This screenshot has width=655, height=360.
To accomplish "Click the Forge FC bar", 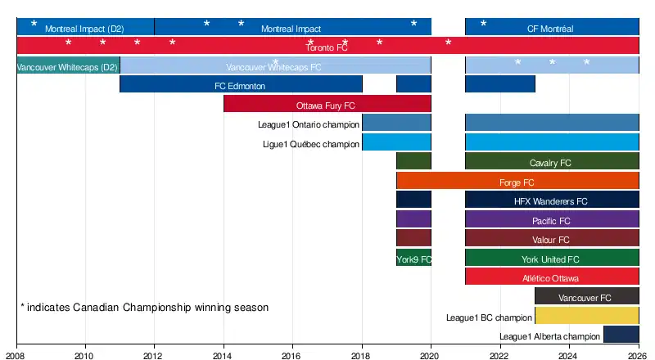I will point(517,181).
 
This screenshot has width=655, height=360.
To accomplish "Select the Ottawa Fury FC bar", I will point(327,105).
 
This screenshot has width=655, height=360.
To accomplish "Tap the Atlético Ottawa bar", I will point(552,277).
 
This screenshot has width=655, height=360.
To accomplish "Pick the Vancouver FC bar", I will point(586,297).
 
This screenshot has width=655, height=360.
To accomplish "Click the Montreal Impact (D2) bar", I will point(85,27).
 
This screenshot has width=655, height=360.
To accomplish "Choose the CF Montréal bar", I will point(552,27).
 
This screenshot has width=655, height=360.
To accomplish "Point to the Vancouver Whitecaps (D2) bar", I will point(68,66).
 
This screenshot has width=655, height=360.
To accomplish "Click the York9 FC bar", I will point(413,259).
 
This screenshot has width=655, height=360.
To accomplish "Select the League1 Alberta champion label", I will point(549,336).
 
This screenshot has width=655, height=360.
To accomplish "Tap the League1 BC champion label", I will point(489,317).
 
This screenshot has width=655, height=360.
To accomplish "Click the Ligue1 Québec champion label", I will point(311,144).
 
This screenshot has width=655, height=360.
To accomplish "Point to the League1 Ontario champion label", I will point(309,124).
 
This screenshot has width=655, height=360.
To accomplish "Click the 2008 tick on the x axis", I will point(16,355).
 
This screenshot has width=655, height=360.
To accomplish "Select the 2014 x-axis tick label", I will point(224,355).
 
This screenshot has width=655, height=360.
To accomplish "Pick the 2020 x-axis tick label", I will point(431,355).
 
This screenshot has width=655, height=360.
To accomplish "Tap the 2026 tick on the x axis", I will point(639,355).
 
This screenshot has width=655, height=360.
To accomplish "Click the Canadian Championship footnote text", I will point(144,308).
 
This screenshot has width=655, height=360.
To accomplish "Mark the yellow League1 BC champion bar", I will point(586,316).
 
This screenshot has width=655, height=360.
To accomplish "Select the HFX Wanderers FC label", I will point(551,201).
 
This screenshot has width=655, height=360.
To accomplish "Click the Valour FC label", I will point(551,240).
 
